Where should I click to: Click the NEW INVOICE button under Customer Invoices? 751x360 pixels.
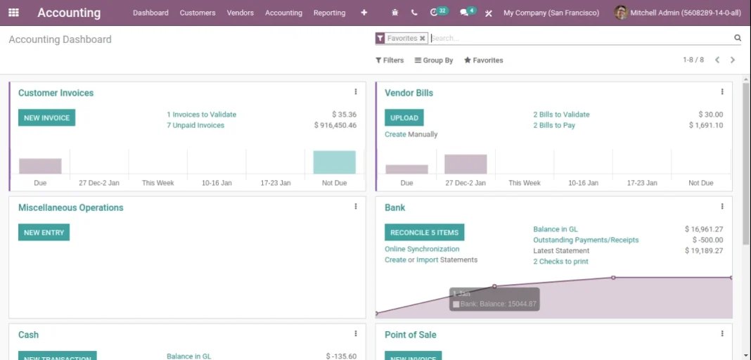coord(46,117)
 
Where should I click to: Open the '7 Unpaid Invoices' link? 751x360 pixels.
coord(195,125)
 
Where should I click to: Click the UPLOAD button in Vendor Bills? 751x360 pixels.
coord(404,117)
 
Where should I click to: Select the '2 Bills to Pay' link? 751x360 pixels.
coord(554,125)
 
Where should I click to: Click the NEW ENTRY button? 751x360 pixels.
coord(44,232)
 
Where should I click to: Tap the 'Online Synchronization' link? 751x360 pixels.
coord(422,249)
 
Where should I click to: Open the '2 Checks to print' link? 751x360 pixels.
coord(560,262)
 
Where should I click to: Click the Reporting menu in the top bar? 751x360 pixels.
coord(329,13)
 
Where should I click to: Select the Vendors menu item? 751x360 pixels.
coord(240,13)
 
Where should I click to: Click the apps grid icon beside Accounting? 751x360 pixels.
coord(13,13)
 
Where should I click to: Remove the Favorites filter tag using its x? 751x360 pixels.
coord(423,39)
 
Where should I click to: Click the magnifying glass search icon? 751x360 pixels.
coord(738,38)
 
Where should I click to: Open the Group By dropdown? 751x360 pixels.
coord(434,60)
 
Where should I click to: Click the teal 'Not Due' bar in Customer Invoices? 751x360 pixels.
coord(334,162)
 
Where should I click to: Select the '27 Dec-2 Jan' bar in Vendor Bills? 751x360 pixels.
coord(466,164)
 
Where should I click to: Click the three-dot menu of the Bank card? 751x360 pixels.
coord(721,207)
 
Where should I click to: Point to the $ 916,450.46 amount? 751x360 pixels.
coord(335,125)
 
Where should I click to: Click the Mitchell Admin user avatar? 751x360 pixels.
coord(620,13)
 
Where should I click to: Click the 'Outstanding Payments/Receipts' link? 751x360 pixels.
coord(586,240)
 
